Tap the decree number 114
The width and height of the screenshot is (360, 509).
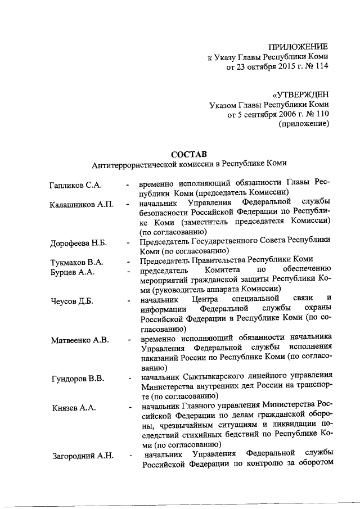coord(322,67)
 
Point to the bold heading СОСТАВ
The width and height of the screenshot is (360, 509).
coord(188,154)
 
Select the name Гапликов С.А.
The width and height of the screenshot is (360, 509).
coord(76,185)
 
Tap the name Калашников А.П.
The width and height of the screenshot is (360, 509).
coord(82,204)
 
